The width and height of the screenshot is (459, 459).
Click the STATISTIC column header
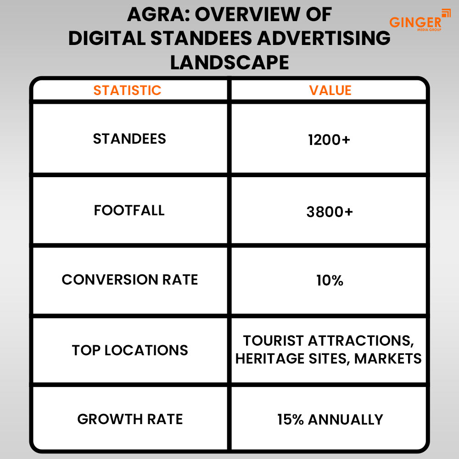click(x=128, y=90)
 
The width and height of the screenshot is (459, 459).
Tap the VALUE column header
click(x=330, y=90)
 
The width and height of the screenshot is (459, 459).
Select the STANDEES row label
click(x=129, y=139)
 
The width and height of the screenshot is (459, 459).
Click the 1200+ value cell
click(x=330, y=140)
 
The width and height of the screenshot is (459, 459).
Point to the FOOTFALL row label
click(x=129, y=210)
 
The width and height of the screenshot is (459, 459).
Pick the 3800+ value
click(x=330, y=212)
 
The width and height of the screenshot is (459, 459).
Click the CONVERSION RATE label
click(x=130, y=280)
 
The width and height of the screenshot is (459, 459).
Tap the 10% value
click(x=330, y=280)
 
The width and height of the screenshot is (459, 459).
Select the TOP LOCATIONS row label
click(x=130, y=350)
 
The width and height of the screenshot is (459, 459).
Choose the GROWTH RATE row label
click(x=130, y=419)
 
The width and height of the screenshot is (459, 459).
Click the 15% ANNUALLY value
click(x=330, y=419)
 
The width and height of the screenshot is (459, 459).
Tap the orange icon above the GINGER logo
click(x=445, y=12)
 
